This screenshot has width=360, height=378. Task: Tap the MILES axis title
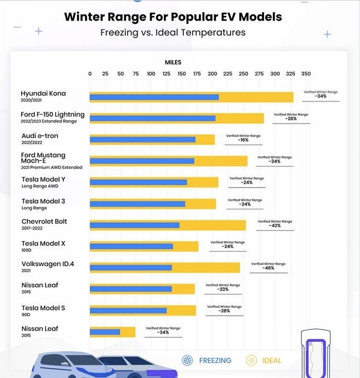click(x=173, y=62)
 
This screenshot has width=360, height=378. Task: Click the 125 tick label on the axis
click(x=166, y=73)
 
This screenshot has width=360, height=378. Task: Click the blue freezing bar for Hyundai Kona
click(x=154, y=97)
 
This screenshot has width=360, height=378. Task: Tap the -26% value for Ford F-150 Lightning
click(x=290, y=119)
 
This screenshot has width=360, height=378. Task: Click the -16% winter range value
click(x=243, y=140)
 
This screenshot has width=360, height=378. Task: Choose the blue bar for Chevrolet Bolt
click(x=134, y=225)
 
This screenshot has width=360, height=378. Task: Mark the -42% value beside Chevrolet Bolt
click(x=275, y=225)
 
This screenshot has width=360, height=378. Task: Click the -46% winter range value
click(x=269, y=268)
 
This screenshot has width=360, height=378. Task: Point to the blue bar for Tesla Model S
click(x=128, y=310)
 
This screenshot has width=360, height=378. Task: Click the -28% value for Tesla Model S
click(x=224, y=311)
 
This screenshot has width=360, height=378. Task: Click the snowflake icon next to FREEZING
click(x=187, y=360)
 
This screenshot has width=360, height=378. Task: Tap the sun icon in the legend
click(x=251, y=360)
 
